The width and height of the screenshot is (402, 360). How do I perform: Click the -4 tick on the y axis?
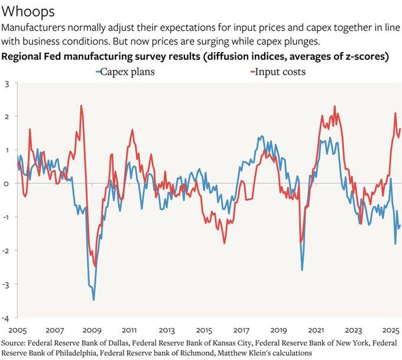[x=5, y=317]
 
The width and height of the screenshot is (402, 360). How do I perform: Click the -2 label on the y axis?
[x=5, y=251]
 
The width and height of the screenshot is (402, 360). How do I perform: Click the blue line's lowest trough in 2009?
[x=94, y=300]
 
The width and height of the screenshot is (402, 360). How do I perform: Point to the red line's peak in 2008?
[x=81, y=106]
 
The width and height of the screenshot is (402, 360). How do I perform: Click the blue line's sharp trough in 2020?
[x=302, y=270]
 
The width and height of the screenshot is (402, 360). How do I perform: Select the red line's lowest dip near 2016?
[x=225, y=243]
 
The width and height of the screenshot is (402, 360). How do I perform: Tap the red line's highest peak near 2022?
[x=335, y=106]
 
